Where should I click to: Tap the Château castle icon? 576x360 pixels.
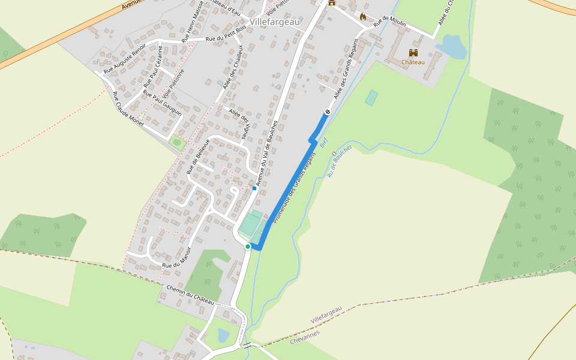413,53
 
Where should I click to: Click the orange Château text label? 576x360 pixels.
413,62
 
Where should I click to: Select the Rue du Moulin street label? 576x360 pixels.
390,21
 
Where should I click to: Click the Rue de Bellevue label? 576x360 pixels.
197,157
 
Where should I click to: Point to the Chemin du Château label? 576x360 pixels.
190,295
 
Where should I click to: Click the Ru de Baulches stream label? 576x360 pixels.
340,161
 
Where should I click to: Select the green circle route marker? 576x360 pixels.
247,246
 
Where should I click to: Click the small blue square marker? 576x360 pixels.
254,188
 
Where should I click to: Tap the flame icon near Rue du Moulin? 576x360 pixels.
362,17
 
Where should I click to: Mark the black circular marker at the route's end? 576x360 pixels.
328,112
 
